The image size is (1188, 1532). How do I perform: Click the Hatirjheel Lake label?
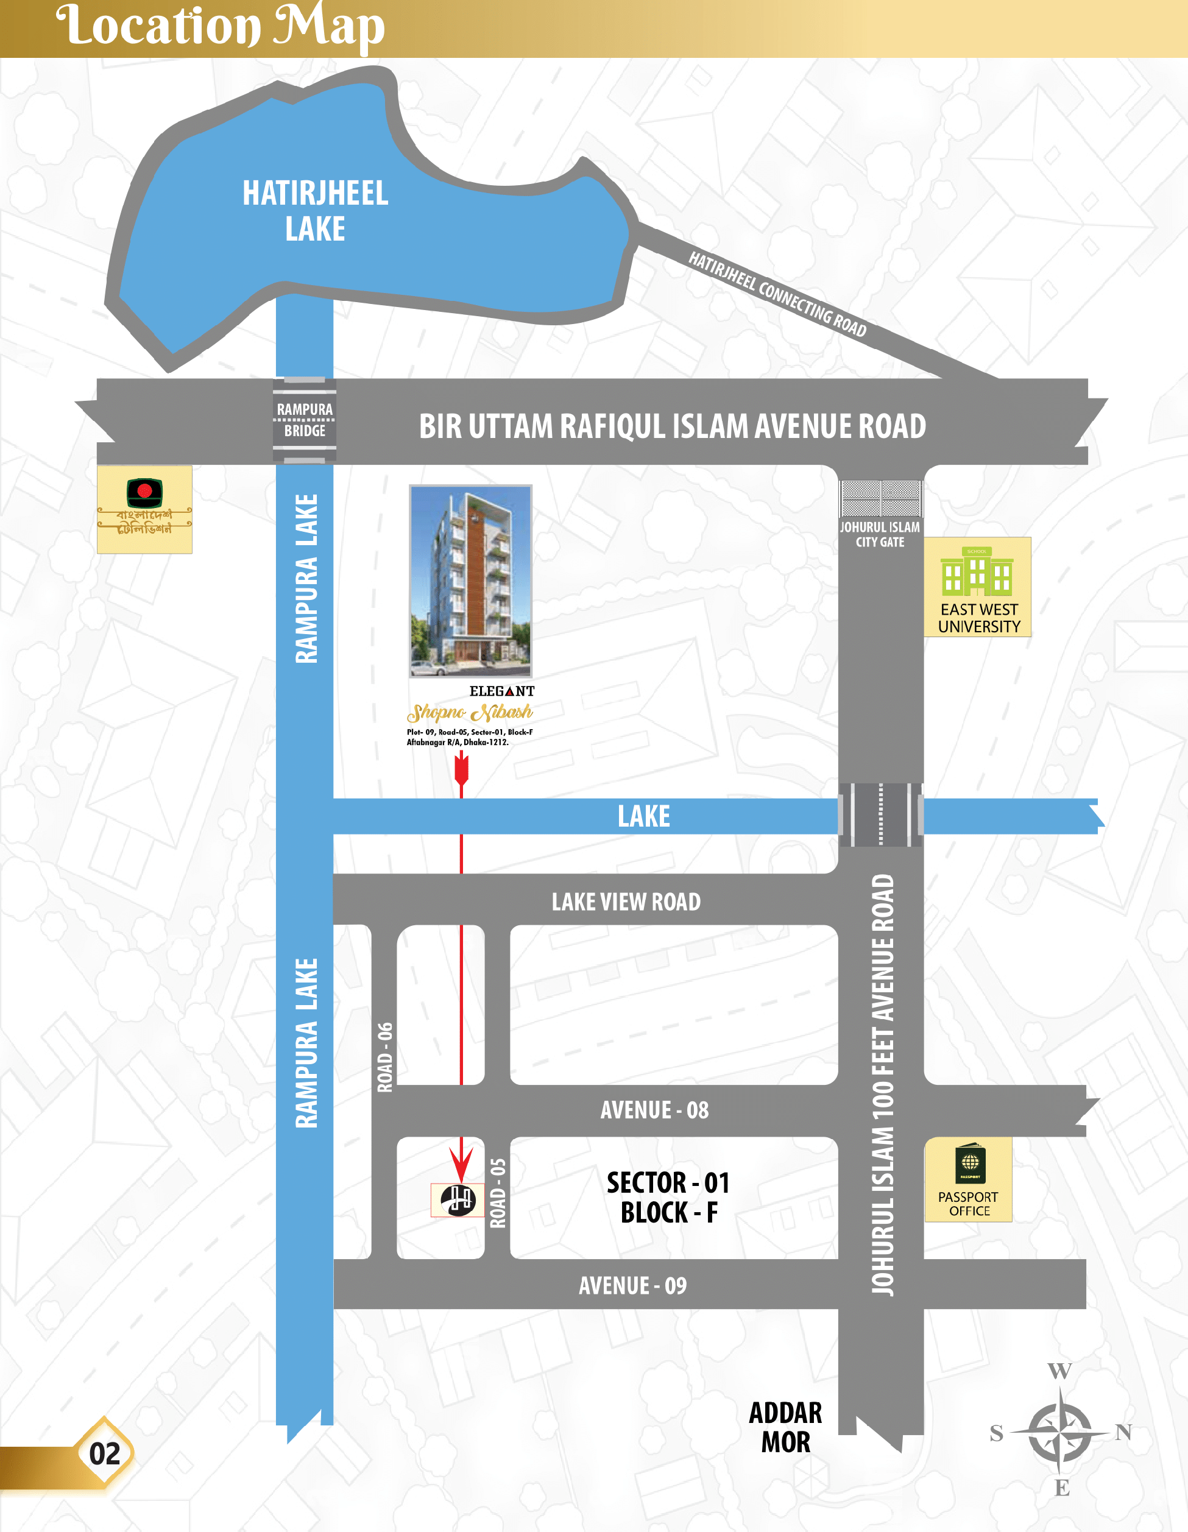[315, 210]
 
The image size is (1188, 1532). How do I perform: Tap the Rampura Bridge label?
[305, 420]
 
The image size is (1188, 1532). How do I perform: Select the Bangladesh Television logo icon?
[144, 492]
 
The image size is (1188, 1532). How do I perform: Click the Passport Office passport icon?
[970, 1165]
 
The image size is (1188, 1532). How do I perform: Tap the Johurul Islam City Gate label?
[880, 534]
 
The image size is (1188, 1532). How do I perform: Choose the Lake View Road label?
[626, 902]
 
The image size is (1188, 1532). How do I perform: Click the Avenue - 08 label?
[654, 1110]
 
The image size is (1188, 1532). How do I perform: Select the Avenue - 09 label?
[632, 1285]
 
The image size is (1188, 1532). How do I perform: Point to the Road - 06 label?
[385, 1056]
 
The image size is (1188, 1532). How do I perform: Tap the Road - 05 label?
[498, 1193]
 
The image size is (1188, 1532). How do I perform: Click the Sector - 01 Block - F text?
[669, 1197]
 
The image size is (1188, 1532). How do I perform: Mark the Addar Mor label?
[785, 1427]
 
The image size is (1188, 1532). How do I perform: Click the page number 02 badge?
[105, 1453]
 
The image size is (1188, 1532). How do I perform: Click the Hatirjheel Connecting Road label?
[777, 294]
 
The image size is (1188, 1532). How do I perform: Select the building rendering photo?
[470, 581]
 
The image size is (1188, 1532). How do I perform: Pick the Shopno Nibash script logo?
[470, 713]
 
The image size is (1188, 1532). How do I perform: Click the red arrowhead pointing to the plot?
[461, 1165]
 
